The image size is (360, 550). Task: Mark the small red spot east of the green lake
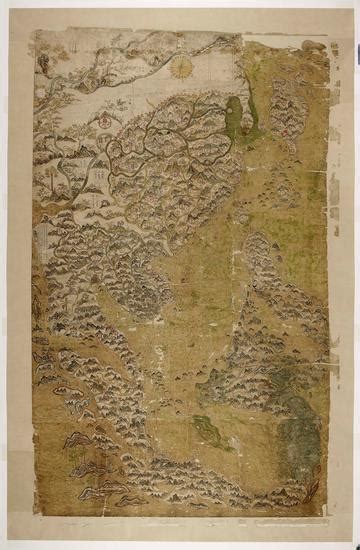tap(283, 129)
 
